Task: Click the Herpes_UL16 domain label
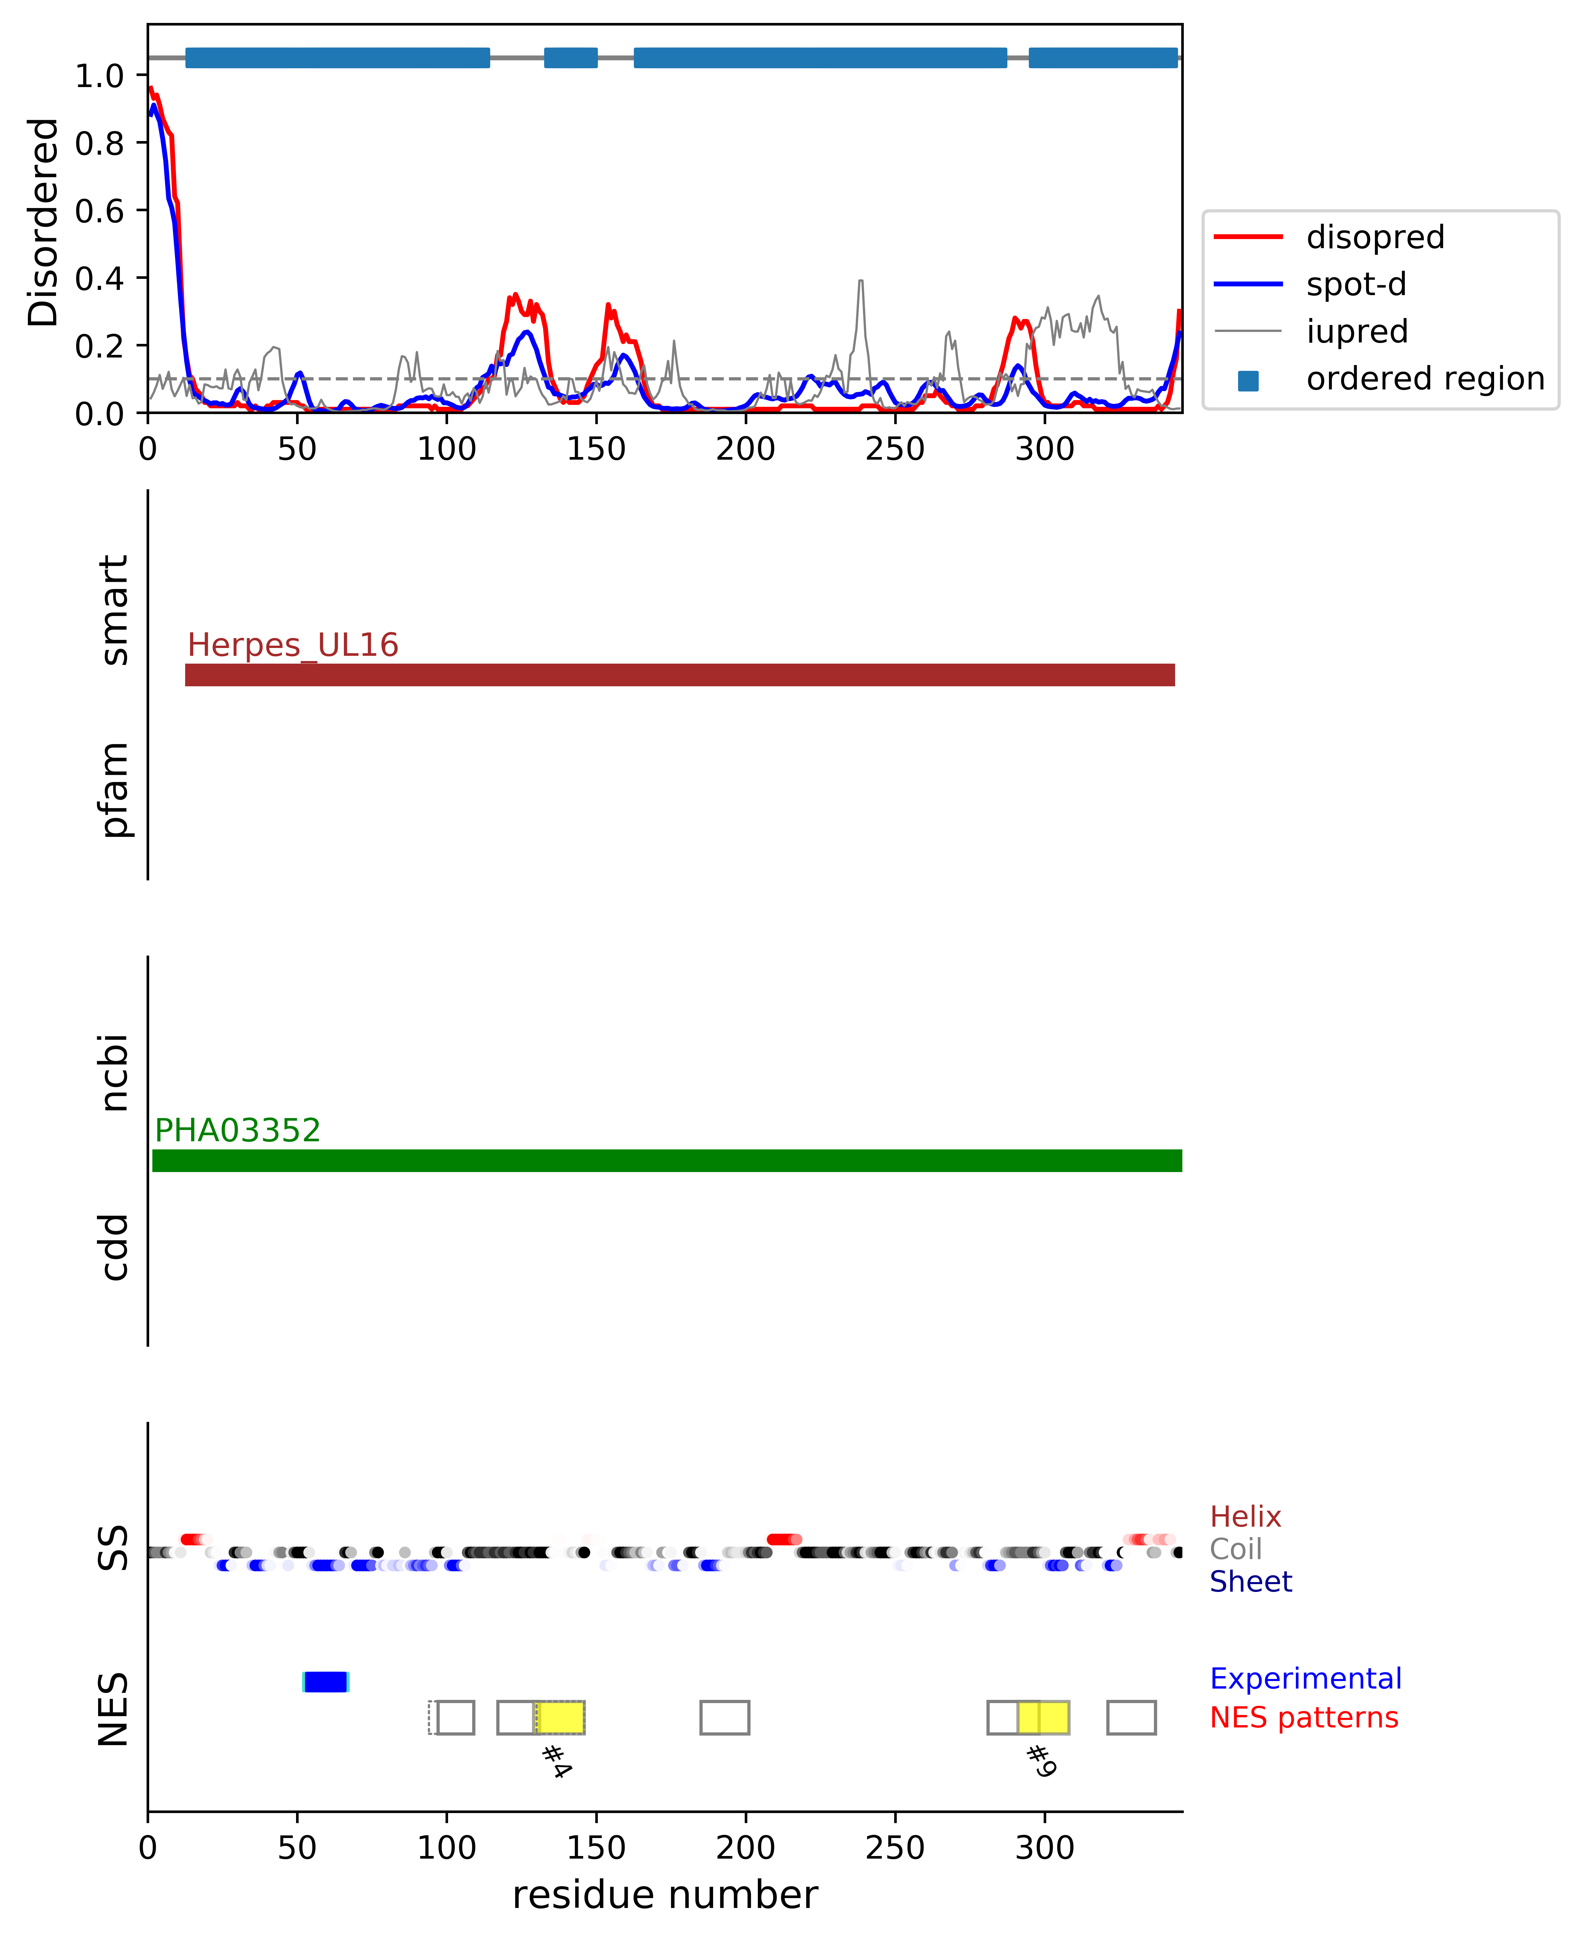pos(293,645)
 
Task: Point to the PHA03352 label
pos(238,1131)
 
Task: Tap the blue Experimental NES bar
pos(325,1682)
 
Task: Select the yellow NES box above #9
pos(1043,1718)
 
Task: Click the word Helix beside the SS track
pos(1245,1517)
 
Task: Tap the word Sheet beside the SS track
pos(1250,1582)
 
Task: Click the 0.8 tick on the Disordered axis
pos(99,143)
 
